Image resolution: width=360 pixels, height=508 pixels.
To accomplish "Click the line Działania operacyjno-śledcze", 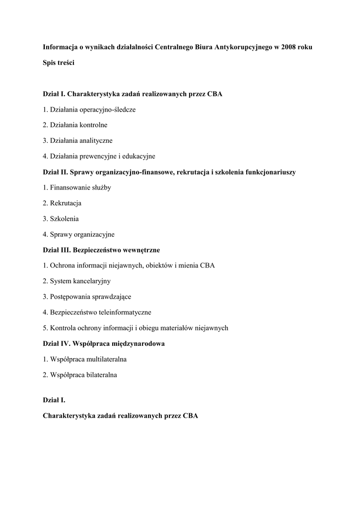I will [x=89, y=109].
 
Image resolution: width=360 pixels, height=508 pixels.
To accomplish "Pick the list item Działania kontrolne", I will [x=75, y=125].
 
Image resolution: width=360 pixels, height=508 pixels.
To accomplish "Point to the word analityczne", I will [x=96, y=140].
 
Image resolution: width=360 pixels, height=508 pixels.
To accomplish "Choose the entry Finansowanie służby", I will [x=76, y=188].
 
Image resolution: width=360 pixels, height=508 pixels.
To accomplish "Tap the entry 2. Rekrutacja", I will [x=62, y=203].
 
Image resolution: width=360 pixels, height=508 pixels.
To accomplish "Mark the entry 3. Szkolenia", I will [x=61, y=218].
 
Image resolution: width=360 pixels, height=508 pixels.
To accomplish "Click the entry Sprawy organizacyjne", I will [x=78, y=234].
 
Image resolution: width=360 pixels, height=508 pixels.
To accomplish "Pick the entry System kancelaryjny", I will [x=76, y=281].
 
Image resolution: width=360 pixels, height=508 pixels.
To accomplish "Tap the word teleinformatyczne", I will [x=125, y=312].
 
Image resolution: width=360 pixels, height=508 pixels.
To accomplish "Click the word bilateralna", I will [x=99, y=375].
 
